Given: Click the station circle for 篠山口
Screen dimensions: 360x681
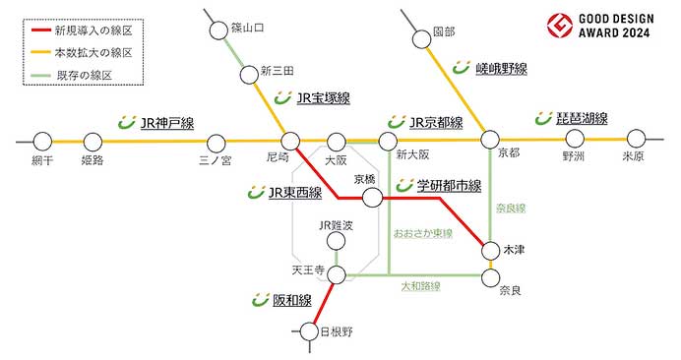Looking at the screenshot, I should pos(218,31).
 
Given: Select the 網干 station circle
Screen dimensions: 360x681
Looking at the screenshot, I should pos(41,140).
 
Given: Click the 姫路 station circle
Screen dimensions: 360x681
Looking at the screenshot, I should pos(93,140).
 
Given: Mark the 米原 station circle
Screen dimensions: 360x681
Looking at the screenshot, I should pos(637,139).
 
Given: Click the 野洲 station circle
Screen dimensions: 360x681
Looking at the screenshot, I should pos(573,139).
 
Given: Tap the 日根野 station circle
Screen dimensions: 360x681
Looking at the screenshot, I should pos(311,332).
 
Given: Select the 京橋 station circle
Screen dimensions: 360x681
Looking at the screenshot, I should pos(372,198).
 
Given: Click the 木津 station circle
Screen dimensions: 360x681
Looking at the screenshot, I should pos(491,251).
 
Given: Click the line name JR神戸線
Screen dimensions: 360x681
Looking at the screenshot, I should pos(166,123).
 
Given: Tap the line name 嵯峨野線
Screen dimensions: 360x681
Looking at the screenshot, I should pos(501,68).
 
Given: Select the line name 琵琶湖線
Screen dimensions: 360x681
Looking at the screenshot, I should pos(582,119).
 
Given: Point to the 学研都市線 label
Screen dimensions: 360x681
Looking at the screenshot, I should pos(447,185).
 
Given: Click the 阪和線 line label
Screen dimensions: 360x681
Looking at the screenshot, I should pos(291,300).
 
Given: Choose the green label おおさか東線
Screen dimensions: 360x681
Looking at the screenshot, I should pos(422,234).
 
